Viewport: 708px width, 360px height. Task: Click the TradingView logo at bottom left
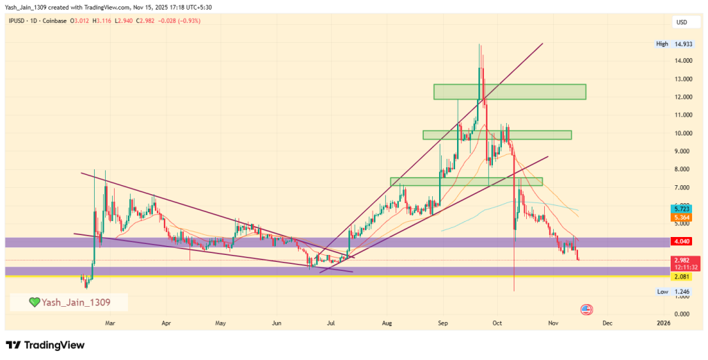tap(45, 345)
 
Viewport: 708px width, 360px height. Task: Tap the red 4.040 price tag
tap(682, 242)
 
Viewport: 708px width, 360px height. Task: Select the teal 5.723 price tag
tap(682, 208)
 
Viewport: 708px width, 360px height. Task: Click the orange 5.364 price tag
tap(682, 218)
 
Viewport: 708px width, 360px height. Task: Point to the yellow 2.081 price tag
tap(682, 276)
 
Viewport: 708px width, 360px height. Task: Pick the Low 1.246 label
tap(672, 292)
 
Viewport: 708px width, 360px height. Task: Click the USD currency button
tap(682, 22)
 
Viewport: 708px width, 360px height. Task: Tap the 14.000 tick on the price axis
tap(682, 61)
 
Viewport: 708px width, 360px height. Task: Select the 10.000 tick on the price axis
tap(682, 133)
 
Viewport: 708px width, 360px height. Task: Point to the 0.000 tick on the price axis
tap(682, 314)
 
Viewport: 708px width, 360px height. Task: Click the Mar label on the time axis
tap(110, 323)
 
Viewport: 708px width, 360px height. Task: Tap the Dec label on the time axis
tap(606, 323)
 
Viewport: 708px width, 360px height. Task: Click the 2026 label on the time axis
tap(663, 323)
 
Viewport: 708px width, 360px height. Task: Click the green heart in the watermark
tap(34, 302)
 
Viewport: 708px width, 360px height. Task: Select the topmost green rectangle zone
tap(510, 91)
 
